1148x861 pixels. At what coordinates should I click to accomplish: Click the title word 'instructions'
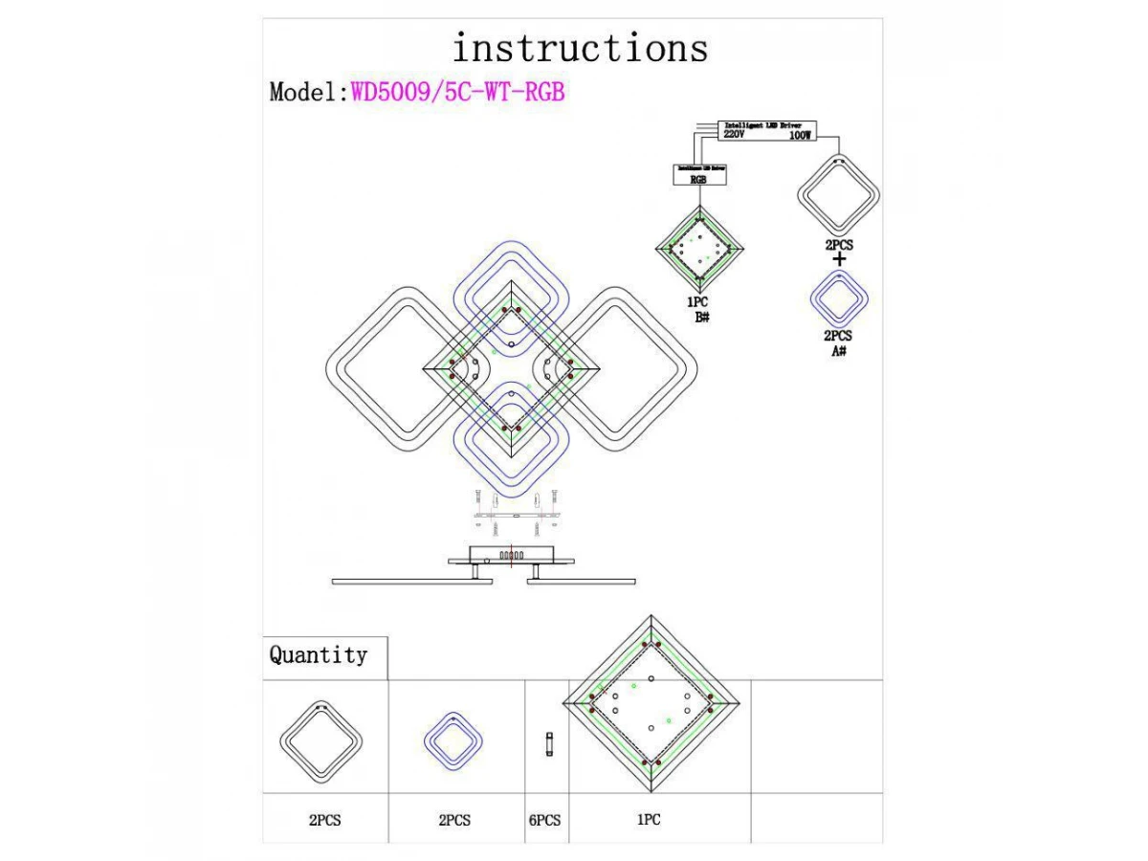(x=580, y=48)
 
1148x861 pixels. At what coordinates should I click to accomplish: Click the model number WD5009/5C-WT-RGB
(x=458, y=92)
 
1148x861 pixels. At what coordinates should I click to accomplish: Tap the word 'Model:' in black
(x=309, y=92)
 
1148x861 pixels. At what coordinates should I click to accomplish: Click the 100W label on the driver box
(x=800, y=136)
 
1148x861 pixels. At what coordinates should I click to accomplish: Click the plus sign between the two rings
(x=839, y=260)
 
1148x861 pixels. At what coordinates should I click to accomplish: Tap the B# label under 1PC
(x=701, y=317)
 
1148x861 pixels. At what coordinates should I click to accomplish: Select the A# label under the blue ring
(x=838, y=351)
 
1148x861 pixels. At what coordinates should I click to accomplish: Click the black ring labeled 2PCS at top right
(x=838, y=195)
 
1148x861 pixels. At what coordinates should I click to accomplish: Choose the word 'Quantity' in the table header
(x=319, y=655)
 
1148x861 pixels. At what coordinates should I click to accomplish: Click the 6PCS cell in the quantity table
(x=544, y=821)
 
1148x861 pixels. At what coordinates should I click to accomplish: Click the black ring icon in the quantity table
(x=320, y=740)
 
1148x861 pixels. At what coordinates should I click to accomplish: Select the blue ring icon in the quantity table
(x=454, y=740)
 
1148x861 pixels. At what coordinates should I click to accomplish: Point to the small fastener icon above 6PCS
(x=548, y=742)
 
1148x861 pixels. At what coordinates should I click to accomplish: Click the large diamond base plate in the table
(x=651, y=705)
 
